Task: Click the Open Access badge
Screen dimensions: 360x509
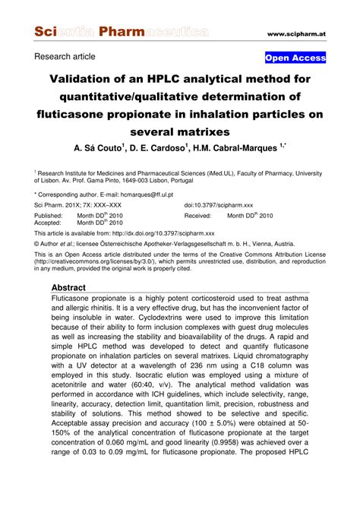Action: pos(295,58)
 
